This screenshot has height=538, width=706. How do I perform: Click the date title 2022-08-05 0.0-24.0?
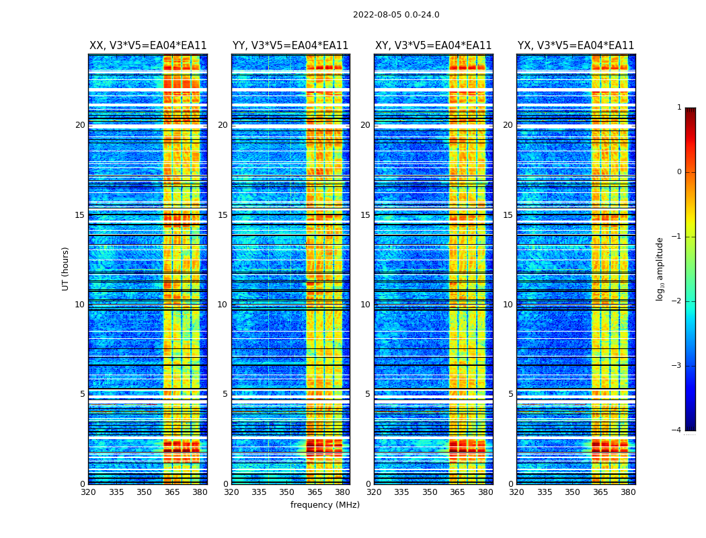click(396, 15)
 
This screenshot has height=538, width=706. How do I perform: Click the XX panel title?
click(148, 46)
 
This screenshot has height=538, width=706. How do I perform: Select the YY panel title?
click(290, 46)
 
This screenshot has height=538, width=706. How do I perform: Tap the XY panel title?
click(433, 46)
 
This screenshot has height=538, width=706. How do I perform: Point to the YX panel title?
click(576, 46)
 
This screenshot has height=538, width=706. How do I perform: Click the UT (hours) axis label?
click(66, 268)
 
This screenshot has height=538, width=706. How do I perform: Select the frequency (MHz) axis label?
click(325, 505)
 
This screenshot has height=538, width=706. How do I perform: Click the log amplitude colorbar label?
click(660, 268)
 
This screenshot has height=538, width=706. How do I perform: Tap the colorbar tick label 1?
click(679, 108)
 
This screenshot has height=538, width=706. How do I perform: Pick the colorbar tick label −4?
click(677, 430)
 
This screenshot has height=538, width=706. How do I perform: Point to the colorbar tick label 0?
click(679, 172)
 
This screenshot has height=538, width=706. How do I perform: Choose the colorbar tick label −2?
click(677, 301)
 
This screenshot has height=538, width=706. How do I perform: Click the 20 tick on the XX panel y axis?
click(80, 125)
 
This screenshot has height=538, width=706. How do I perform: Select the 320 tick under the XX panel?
click(88, 492)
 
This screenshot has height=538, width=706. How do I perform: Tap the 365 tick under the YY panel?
click(315, 492)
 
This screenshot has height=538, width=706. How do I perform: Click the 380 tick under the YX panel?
click(628, 492)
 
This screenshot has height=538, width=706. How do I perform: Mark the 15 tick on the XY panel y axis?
click(365, 215)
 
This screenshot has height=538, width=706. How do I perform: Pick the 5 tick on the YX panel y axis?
click(511, 394)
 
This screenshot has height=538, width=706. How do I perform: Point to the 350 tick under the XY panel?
click(430, 492)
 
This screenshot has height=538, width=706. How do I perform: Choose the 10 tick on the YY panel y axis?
click(223, 305)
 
